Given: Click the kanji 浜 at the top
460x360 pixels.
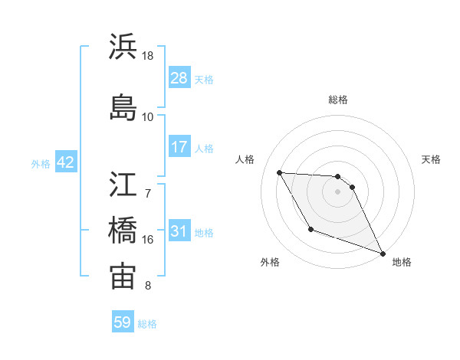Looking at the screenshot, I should [123, 47].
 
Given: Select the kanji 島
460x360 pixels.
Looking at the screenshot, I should [123, 107].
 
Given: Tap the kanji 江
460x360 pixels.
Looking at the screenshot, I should [123, 184].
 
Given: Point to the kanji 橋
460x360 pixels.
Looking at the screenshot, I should [123, 230].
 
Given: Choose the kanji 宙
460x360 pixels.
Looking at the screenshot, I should [123, 277].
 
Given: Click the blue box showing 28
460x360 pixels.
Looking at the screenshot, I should [179, 79].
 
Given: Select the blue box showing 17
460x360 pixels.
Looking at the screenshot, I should [179, 148].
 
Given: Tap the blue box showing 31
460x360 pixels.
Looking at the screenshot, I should [179, 232].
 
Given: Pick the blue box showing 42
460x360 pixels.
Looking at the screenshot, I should [65, 163].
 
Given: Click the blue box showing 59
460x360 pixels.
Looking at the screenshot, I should [123, 322].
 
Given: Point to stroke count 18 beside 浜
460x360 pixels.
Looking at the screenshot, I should [148, 56].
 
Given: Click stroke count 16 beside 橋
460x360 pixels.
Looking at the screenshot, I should [148, 239].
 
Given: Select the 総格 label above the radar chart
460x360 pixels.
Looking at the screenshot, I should [338, 100].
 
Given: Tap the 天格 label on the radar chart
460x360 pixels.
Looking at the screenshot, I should [432, 159].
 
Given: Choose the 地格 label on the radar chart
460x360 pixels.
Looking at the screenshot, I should [402, 262].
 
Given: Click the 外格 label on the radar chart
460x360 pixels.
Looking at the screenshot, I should [270, 262].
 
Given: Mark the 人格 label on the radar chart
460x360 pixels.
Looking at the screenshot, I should [245, 159].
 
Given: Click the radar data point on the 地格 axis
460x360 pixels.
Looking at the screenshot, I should [383, 254].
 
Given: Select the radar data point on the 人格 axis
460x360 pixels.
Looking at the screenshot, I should [280, 172].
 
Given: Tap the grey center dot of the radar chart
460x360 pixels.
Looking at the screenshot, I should [338, 191].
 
